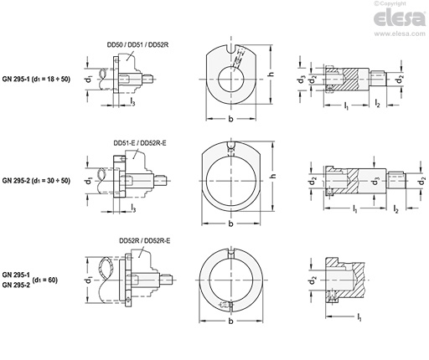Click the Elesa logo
tap(400, 18)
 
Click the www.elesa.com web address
tap(400, 33)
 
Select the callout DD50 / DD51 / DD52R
tap(137, 45)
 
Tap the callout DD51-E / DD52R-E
tap(140, 143)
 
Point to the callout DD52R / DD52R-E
tap(145, 240)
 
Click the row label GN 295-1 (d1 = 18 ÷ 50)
tap(36, 79)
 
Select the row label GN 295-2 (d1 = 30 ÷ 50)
tap(36, 181)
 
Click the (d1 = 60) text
tap(45, 280)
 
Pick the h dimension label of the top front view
tap(271, 75)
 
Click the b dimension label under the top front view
tap(230, 119)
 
